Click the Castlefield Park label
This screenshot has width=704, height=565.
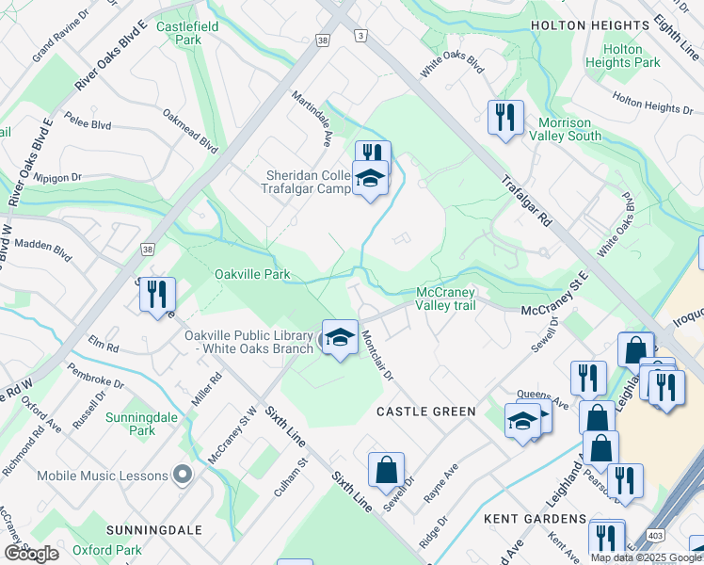click(x=187, y=33)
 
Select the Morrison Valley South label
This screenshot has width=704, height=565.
click(x=569, y=129)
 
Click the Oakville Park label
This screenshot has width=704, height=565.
click(x=251, y=274)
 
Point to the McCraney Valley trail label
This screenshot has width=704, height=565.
click(x=445, y=298)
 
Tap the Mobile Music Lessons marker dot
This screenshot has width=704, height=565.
click(x=183, y=476)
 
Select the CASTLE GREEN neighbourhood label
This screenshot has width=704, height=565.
click(x=425, y=412)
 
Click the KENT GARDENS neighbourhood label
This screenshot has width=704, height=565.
click(x=535, y=519)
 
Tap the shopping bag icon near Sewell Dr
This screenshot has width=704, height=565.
click(x=386, y=469)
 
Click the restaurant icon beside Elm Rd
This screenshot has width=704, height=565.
click(x=157, y=293)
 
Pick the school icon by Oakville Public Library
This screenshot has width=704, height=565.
click(x=339, y=336)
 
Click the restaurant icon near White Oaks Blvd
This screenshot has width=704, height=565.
click(x=505, y=117)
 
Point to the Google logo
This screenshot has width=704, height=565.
click(x=31, y=554)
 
